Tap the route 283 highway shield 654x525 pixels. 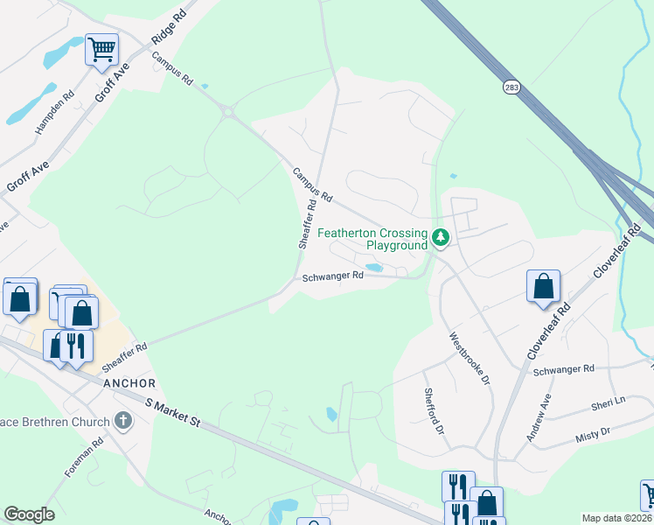click(511, 87)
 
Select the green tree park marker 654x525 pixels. click(442, 236)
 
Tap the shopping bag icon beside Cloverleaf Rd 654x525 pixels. click(543, 286)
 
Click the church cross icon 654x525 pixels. click(123, 422)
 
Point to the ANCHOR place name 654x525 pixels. click(129, 383)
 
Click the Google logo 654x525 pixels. click(30, 514)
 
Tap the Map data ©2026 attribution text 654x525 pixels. click(616, 518)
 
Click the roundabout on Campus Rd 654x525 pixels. click(229, 111)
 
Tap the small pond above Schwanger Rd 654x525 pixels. click(374, 267)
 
